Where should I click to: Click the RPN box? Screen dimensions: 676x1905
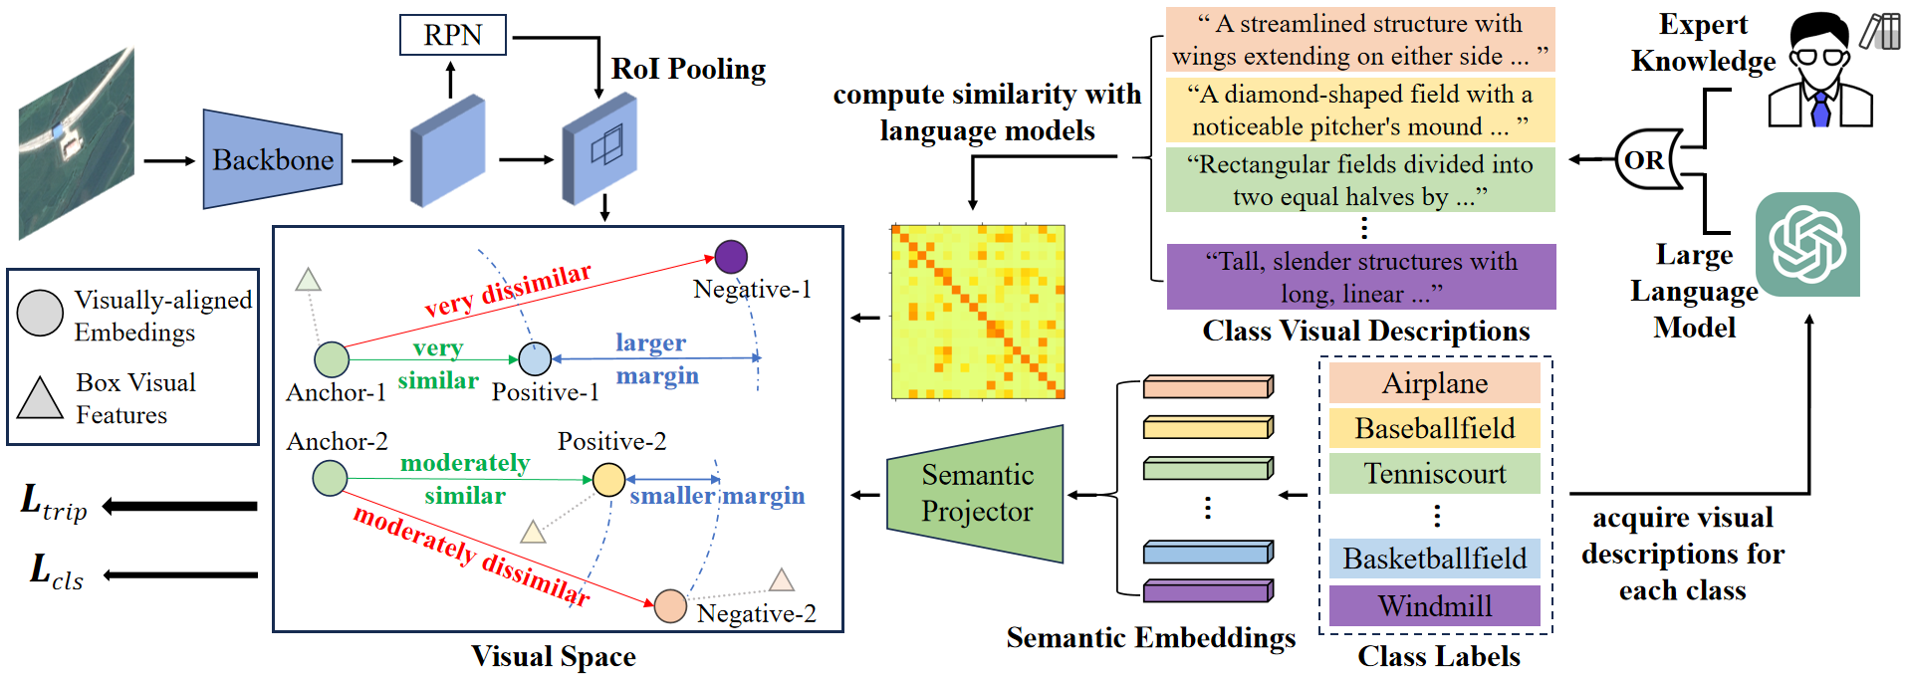click(x=452, y=35)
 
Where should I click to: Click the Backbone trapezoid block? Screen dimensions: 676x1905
click(x=272, y=159)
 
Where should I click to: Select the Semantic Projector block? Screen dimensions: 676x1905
click(x=976, y=493)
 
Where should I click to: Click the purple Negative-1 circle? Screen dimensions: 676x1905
click(x=731, y=257)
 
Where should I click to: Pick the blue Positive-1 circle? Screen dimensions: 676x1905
click(x=535, y=358)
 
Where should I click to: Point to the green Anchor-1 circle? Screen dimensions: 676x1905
click(x=332, y=359)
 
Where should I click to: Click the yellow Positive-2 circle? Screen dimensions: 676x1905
click(x=608, y=479)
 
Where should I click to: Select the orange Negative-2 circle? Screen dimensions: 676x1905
click(x=670, y=605)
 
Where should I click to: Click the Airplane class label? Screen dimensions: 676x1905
click(x=1434, y=383)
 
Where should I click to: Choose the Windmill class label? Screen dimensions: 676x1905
click(x=1434, y=605)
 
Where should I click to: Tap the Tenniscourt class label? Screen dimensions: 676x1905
click(x=1434, y=473)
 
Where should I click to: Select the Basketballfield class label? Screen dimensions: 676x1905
click(x=1434, y=559)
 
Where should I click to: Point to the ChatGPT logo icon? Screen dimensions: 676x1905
click(x=1807, y=245)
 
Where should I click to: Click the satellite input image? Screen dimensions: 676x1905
click(x=77, y=142)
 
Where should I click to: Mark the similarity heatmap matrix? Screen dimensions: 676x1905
click(x=978, y=312)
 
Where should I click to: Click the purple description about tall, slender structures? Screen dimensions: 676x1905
click(x=1360, y=277)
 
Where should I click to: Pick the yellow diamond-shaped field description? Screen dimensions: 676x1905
click(x=1360, y=110)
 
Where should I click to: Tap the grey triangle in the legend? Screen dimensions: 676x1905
click(x=40, y=398)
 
